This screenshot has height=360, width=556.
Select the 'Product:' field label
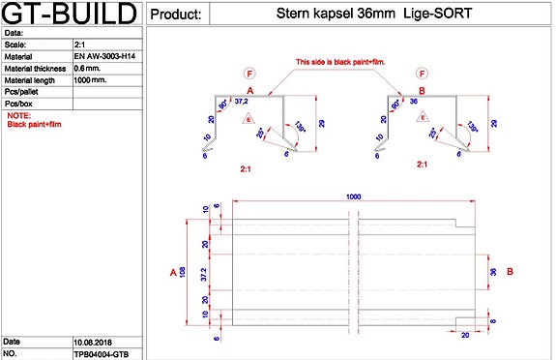[x=178, y=15]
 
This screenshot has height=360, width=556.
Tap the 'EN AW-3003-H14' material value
[x=103, y=57]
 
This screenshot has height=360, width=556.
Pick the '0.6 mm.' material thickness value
[x=87, y=69]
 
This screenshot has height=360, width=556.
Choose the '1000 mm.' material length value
[x=91, y=80]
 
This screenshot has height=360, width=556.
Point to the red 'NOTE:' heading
[x=18, y=115]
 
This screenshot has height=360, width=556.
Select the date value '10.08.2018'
[x=93, y=343]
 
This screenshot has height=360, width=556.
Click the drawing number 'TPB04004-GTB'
[x=101, y=354]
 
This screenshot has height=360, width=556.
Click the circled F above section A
[x=249, y=74]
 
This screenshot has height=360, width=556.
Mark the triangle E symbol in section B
[x=423, y=117]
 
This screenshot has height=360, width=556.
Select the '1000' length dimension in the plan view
[x=354, y=196]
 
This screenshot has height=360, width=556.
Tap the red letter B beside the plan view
[x=510, y=272]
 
